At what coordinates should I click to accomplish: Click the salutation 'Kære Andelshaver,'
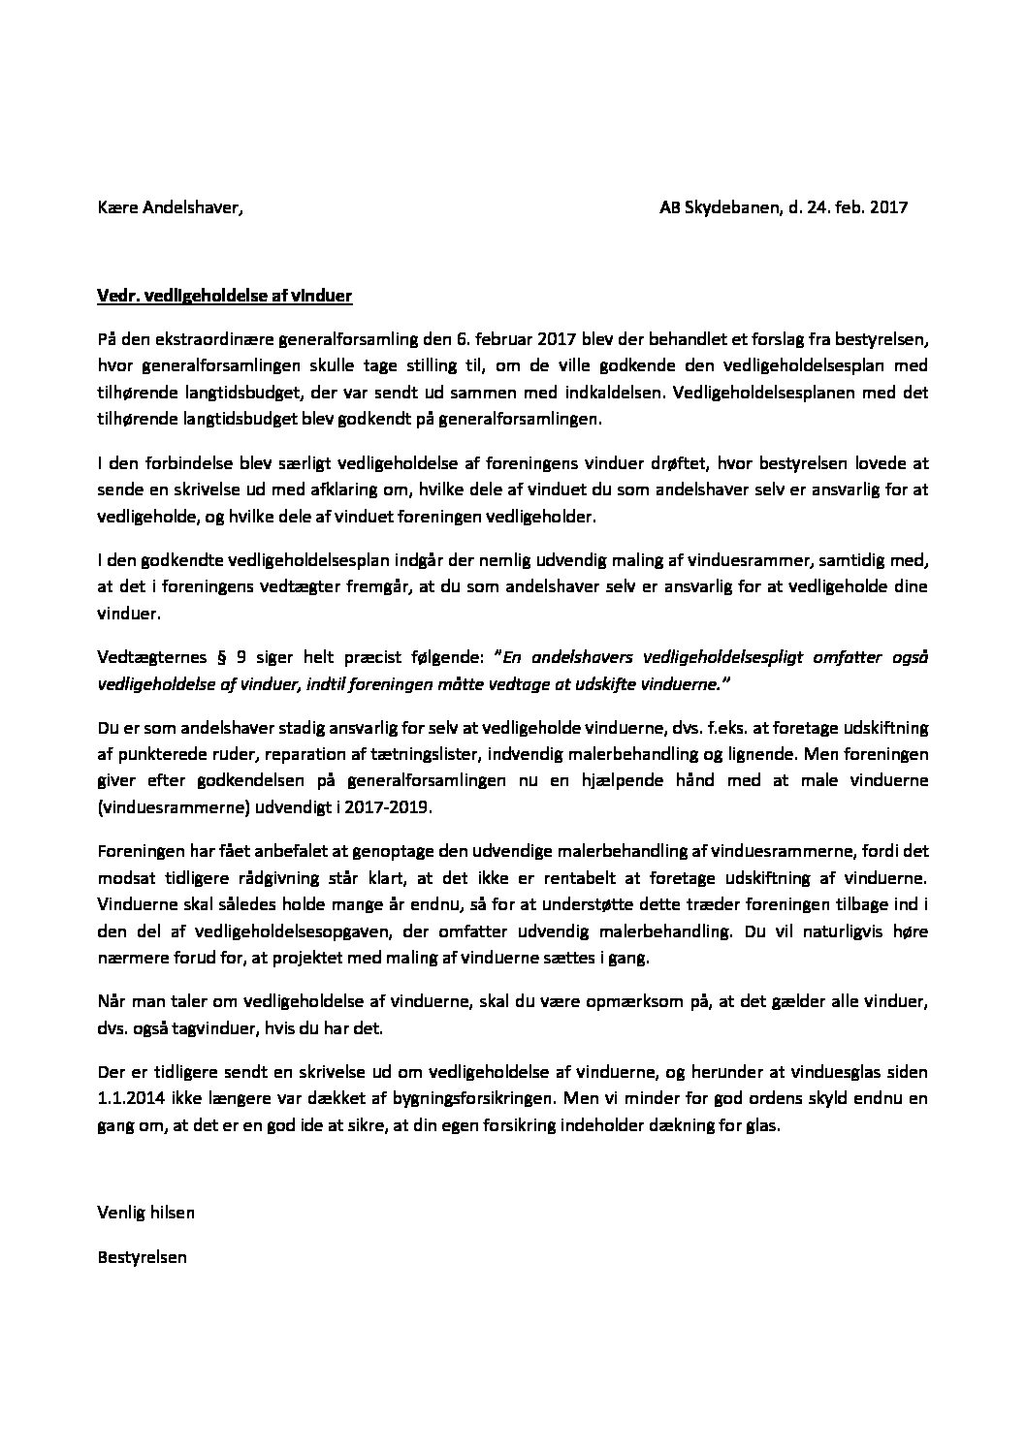170,207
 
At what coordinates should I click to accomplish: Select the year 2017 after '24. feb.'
887,207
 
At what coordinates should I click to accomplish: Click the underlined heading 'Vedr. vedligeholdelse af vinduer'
225,298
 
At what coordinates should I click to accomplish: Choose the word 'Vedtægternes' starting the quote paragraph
146,656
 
